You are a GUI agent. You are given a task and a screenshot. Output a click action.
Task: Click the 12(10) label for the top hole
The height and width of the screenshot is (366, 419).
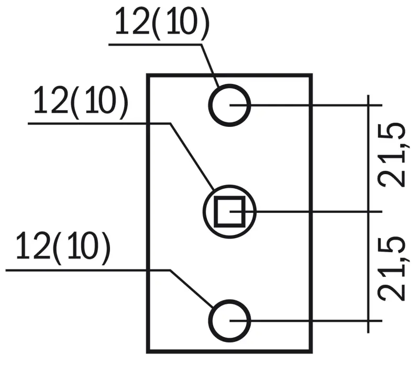point(161,22)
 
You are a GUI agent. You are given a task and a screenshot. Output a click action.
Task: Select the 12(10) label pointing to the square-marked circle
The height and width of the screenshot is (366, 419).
point(80,101)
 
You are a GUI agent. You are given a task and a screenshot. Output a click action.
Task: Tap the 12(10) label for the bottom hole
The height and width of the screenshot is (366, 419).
point(63,248)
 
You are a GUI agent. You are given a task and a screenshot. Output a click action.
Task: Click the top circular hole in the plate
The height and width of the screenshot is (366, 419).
point(230,105)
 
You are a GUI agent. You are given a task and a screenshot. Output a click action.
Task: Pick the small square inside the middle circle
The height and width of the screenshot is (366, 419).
point(229,211)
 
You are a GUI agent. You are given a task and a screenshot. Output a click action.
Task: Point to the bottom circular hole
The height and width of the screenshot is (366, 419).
point(230,319)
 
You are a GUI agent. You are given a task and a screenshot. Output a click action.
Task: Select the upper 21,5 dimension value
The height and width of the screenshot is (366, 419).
point(393,155)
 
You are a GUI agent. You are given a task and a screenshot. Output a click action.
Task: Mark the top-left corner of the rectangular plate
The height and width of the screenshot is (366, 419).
point(148,76)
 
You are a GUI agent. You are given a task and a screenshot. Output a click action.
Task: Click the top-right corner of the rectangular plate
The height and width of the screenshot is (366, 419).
point(311,76)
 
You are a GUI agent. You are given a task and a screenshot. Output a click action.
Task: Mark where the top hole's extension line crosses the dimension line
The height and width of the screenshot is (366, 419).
point(370,105)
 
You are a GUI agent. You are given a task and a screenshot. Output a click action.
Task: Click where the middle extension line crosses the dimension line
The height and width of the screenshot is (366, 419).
point(370,212)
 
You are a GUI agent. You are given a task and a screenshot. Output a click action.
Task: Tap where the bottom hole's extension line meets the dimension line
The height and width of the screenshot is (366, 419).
point(370,319)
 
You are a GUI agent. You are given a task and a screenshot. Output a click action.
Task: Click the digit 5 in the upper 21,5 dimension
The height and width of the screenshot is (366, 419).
point(393,133)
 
